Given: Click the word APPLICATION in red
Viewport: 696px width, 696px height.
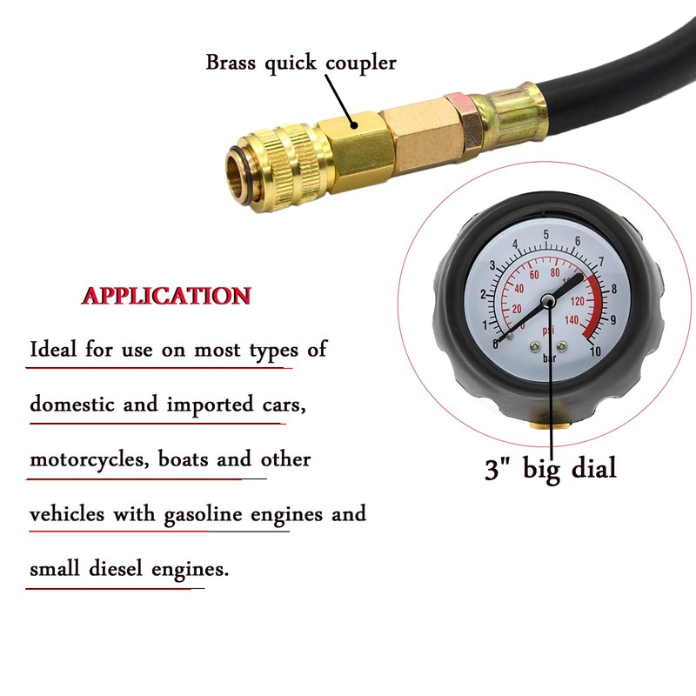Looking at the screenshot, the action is pyautogui.click(x=166, y=296).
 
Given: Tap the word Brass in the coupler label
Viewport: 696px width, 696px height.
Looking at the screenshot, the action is pyautogui.click(x=231, y=63).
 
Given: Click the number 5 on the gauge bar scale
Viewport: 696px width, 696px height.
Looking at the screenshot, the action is pyautogui.click(x=545, y=236).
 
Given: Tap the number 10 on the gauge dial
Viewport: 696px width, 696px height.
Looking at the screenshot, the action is pyautogui.click(x=595, y=351).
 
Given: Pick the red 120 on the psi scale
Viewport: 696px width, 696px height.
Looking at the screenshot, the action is pyautogui.click(x=575, y=300).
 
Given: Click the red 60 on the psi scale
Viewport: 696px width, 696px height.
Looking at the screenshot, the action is pyautogui.click(x=533, y=274).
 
